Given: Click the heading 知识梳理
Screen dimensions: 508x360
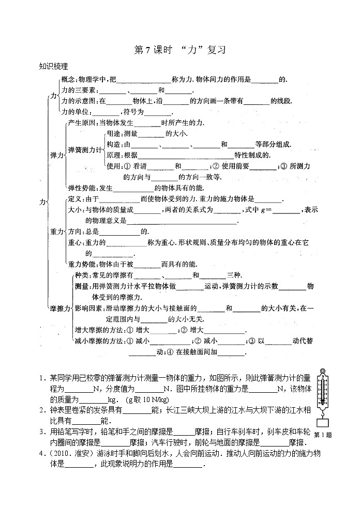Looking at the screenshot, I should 54,66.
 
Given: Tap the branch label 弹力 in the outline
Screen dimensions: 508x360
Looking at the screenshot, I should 56,155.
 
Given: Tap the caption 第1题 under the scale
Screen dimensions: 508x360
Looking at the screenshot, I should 323,434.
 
